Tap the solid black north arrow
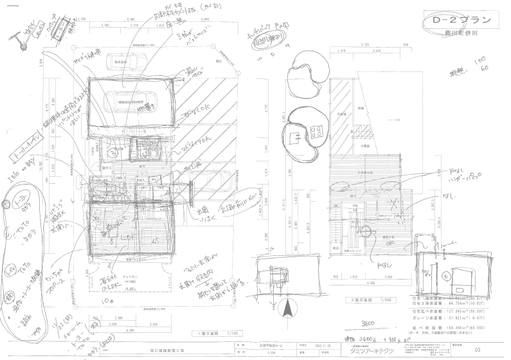(288, 309)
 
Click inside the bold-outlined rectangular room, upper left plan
(131, 103)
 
